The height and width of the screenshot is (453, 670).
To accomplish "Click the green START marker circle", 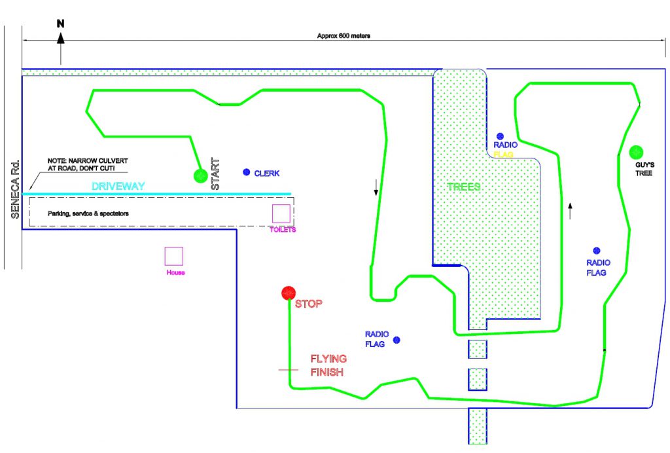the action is pyautogui.click(x=200, y=175).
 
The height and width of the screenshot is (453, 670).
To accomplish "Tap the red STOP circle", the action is pyautogui.click(x=289, y=293).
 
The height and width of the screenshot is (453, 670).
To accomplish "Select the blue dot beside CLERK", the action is pyautogui.click(x=246, y=172).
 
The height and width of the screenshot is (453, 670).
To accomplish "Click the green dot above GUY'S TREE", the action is pyautogui.click(x=636, y=152).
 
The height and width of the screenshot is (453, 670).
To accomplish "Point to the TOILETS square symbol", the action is pyautogui.click(x=281, y=213).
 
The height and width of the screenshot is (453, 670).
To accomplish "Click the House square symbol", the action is pyautogui.click(x=174, y=257).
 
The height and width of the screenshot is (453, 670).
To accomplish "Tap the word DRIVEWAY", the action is pyautogui.click(x=118, y=186).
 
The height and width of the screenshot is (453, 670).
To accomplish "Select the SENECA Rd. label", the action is pyautogui.click(x=15, y=189).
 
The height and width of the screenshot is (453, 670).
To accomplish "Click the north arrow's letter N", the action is pyautogui.click(x=61, y=24).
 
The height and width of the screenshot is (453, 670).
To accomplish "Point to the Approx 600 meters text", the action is pyautogui.click(x=344, y=36).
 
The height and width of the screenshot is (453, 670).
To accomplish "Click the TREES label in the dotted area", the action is pyautogui.click(x=464, y=187).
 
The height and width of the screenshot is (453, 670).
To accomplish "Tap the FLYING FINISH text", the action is pyautogui.click(x=328, y=365).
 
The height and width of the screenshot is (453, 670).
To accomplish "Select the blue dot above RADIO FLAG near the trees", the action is pyautogui.click(x=500, y=136).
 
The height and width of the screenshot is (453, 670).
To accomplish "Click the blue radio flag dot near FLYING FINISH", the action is pyautogui.click(x=397, y=340).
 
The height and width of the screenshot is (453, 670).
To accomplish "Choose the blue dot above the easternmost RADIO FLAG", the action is pyautogui.click(x=597, y=251).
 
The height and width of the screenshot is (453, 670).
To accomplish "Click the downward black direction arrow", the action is pyautogui.click(x=376, y=187).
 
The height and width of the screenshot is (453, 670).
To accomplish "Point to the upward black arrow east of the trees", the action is pyautogui.click(x=570, y=211).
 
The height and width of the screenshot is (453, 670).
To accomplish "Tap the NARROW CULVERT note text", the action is pyautogui.click(x=88, y=164).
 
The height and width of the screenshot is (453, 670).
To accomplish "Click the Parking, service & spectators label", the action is pyautogui.click(x=88, y=213).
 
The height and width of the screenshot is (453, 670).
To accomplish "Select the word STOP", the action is pyautogui.click(x=309, y=304).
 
